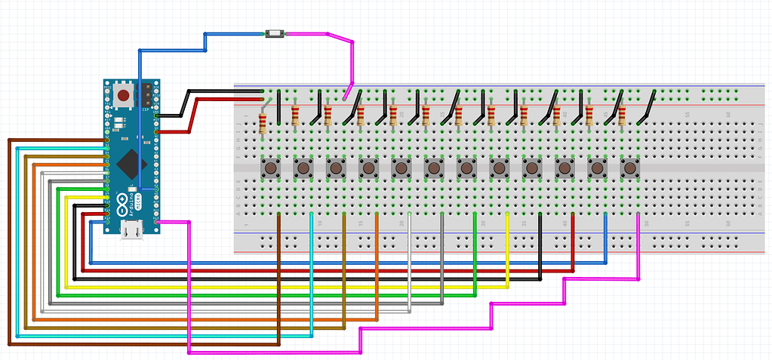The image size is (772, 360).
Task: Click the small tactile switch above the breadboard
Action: (x=274, y=34)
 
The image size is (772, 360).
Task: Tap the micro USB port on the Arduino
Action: (x=133, y=229)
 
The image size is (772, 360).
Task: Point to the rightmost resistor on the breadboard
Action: (x=590, y=115)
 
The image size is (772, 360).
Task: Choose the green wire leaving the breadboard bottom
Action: (x=475, y=249)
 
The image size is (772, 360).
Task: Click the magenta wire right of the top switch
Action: (x=309, y=34)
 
